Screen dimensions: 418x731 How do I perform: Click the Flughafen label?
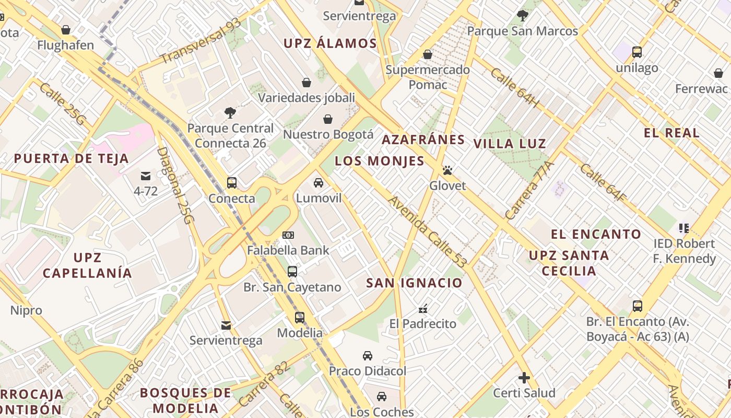65,45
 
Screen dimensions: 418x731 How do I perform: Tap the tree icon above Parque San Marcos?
522,16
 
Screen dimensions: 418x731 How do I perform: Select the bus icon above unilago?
636,52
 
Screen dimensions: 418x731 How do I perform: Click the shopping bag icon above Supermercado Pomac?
428,54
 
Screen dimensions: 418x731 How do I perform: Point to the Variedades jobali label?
306,98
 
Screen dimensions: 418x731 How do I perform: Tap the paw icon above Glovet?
447,170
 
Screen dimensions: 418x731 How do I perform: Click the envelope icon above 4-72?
145,176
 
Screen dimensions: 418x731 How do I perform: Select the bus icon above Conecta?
232,183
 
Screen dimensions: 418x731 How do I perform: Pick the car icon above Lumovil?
318,183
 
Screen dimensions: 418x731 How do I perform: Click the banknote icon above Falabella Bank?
288,235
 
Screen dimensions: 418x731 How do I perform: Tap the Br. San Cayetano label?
292,287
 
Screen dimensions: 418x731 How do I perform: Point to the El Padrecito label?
423,324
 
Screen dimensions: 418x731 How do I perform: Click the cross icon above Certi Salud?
524,377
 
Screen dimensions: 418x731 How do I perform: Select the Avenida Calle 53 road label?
427,231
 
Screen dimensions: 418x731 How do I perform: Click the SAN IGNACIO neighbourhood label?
414,283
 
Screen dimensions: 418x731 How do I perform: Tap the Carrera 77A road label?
528,190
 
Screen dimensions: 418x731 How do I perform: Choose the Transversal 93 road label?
201,41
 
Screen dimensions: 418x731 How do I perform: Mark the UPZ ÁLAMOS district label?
330,43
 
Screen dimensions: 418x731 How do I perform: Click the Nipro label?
26,310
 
